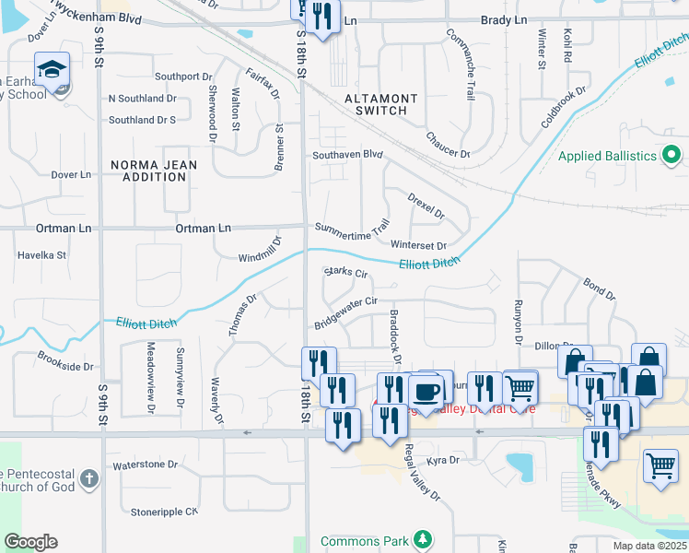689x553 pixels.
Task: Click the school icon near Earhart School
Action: click(52, 67)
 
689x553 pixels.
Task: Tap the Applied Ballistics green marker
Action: click(671, 155)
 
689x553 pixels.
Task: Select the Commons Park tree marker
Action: click(423, 539)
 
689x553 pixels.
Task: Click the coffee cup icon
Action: click(426, 391)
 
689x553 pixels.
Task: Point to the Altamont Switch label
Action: click(380, 104)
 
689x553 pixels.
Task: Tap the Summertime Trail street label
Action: click(353, 227)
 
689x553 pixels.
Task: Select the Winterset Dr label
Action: click(418, 245)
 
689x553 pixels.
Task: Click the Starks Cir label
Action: click(345, 273)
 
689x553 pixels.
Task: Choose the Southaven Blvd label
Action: click(346, 155)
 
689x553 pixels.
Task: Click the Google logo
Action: click(30, 542)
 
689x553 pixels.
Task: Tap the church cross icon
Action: click(88, 478)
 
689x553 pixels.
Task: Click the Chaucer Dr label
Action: click(448, 146)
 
